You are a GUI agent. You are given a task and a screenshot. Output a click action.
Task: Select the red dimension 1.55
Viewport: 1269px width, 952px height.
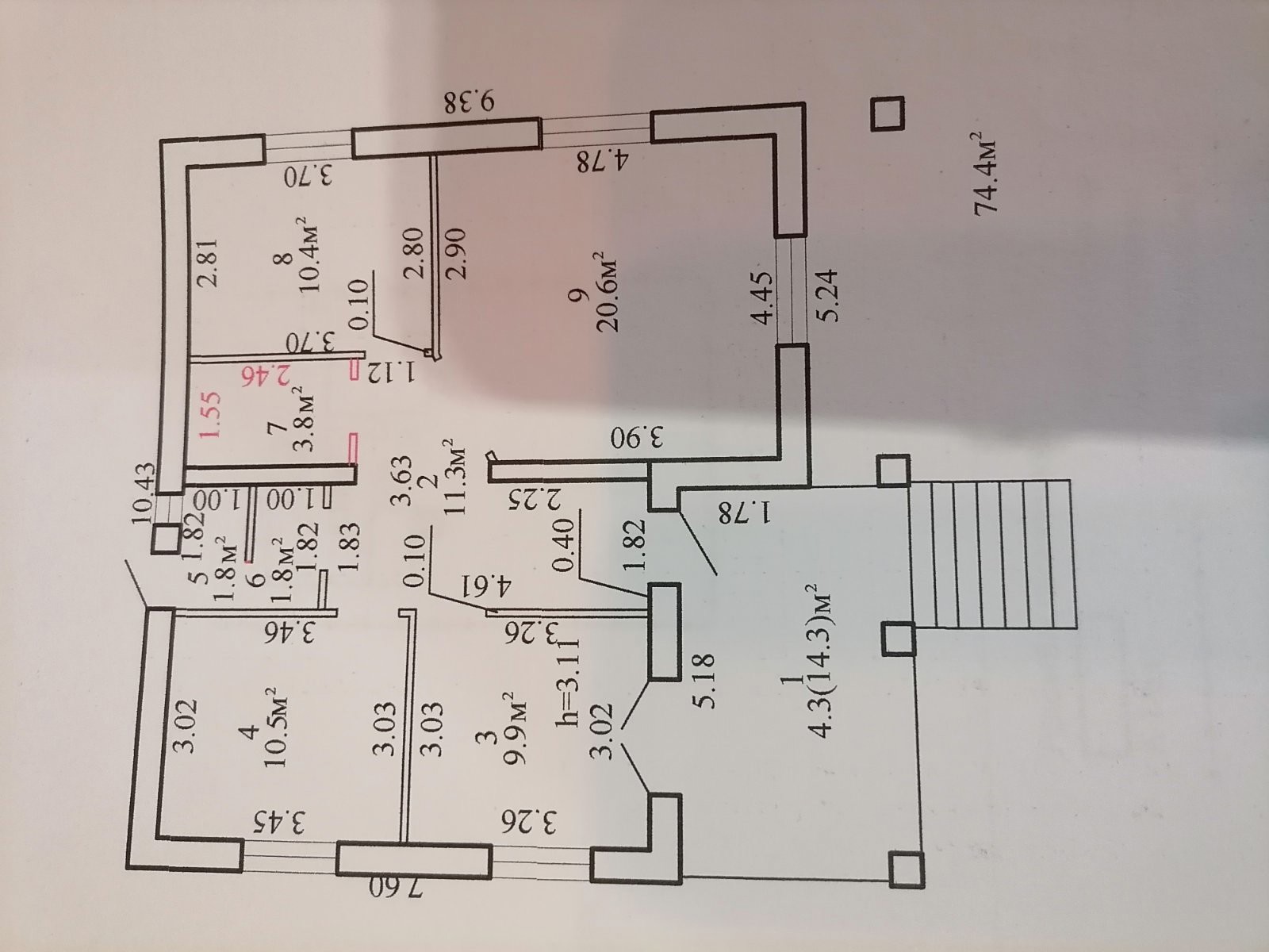pos(210,415)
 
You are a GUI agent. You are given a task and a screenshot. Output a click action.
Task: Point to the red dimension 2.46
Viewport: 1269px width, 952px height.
pos(269,375)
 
